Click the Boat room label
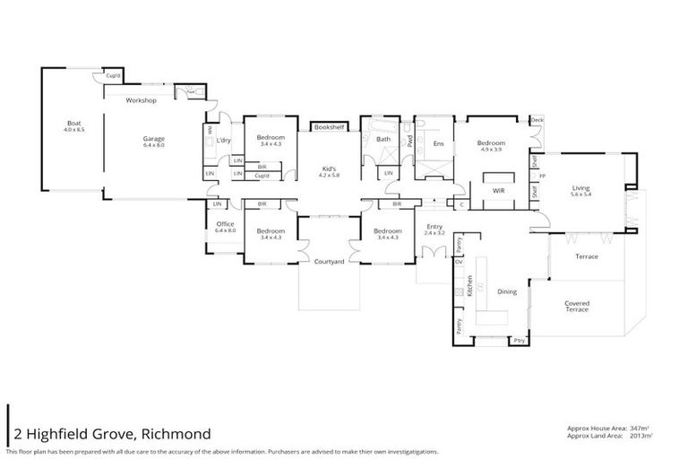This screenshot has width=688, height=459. [73, 126]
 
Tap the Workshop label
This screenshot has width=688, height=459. [142, 100]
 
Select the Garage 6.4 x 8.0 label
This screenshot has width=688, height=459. [154, 142]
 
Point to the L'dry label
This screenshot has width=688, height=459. [224, 140]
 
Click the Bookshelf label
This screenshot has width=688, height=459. [329, 127]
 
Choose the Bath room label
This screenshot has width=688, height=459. [383, 139]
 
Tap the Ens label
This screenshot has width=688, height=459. [438, 143]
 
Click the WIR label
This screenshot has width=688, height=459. [499, 191]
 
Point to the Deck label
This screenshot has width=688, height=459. [537, 120]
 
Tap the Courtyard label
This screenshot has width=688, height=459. [329, 262]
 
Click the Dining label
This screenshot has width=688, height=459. [507, 291]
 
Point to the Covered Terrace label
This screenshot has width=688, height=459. [577, 306]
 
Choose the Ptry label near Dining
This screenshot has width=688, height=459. [519, 341]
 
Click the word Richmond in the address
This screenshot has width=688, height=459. [176, 434]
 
